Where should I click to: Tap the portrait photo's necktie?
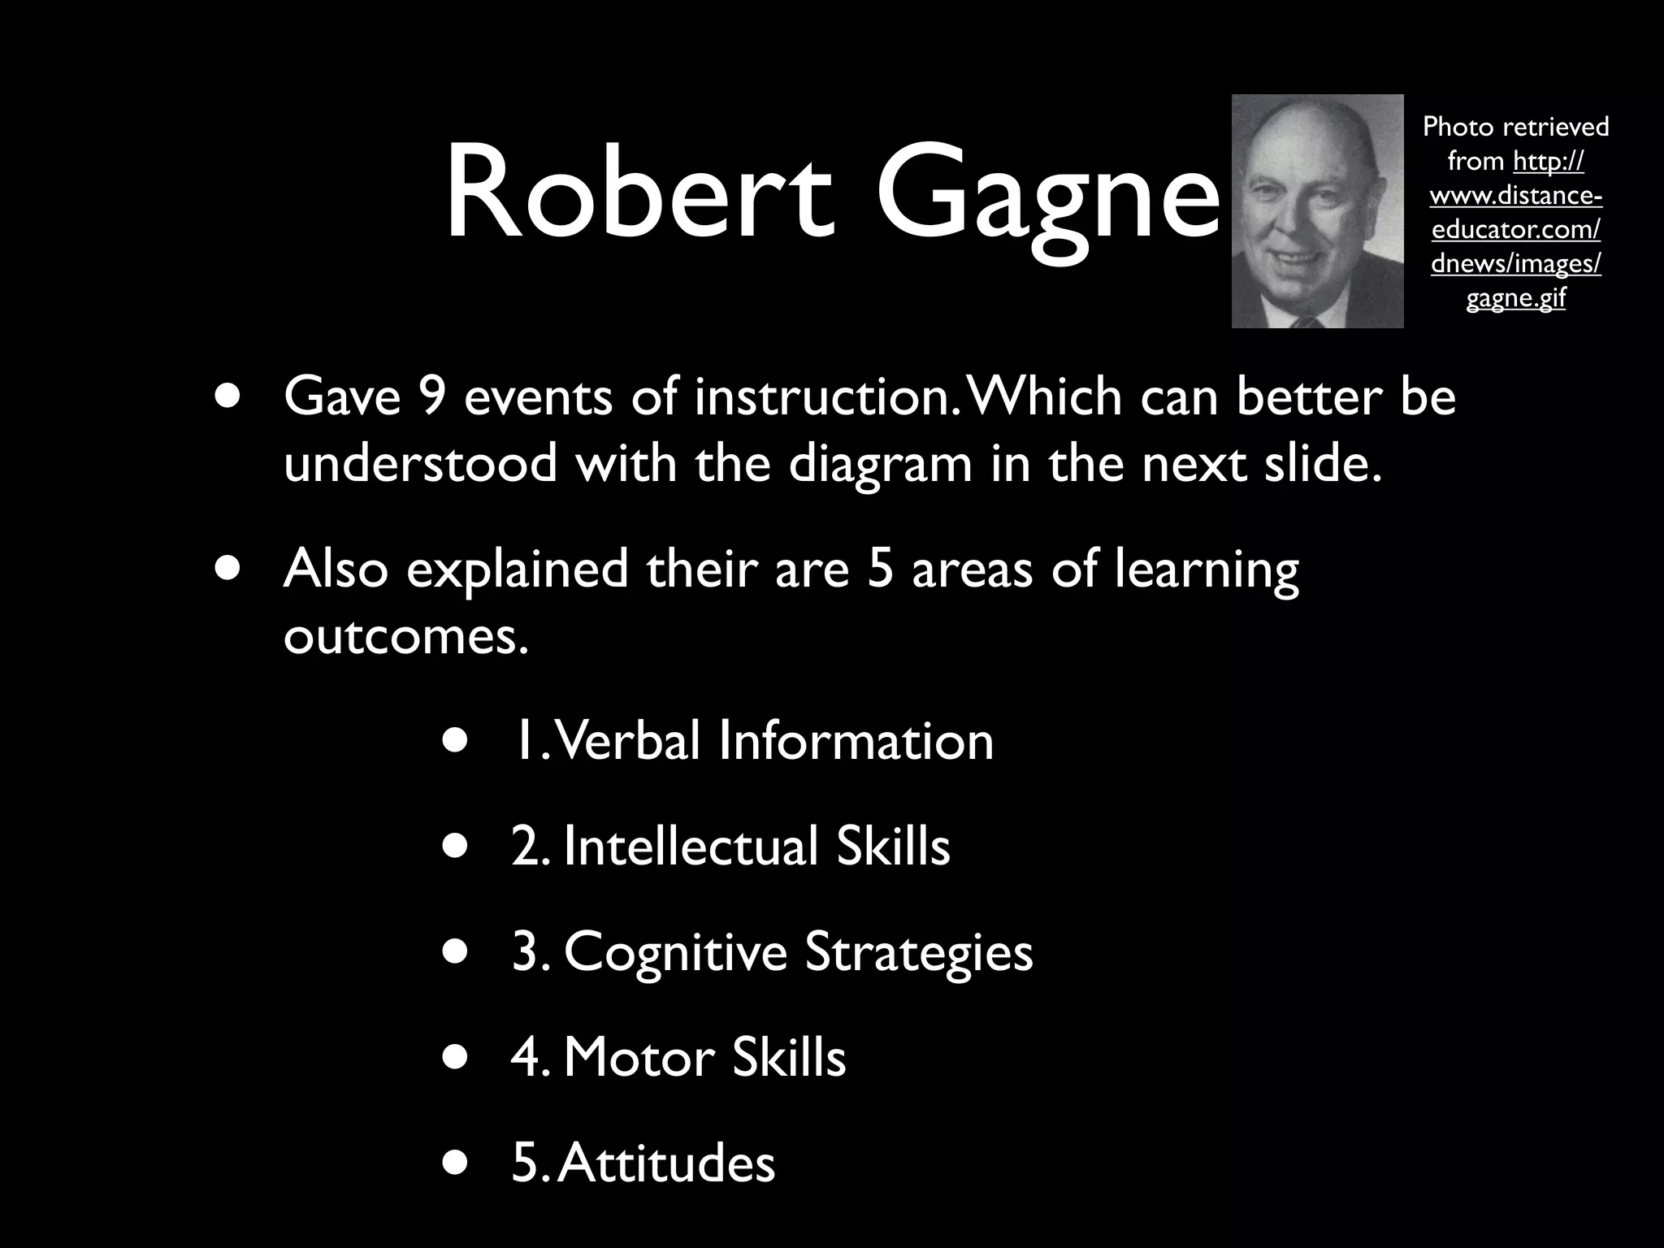(1307, 320)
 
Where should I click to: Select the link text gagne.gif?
(1515, 298)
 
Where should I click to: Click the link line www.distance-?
(1515, 196)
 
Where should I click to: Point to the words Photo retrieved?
(1515, 127)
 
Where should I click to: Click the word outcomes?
(405, 635)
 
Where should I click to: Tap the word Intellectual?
(690, 847)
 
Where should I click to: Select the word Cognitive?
(675, 952)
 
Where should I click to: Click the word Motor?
(638, 1057)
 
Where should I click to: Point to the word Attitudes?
(666, 1163)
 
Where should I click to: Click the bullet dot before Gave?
(228, 396)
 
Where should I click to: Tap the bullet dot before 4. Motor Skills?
(456, 1057)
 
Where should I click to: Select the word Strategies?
(918, 952)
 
